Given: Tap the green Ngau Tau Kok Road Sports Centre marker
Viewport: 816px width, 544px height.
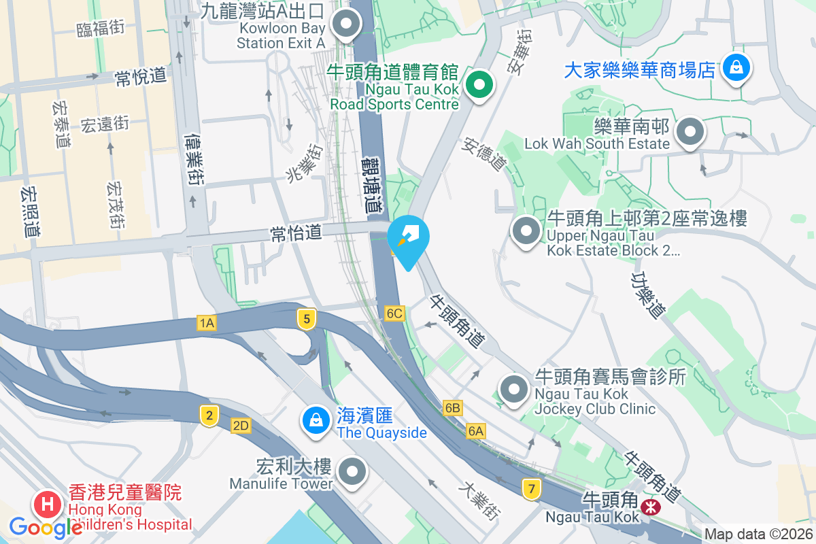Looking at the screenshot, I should (x=480, y=86).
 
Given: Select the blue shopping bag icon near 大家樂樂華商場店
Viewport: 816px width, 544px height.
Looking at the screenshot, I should (x=736, y=67).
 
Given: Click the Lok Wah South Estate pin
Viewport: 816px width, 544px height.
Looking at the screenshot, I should (x=690, y=131).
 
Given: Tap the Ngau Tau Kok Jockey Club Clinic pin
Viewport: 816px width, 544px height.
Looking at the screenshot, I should (x=514, y=390).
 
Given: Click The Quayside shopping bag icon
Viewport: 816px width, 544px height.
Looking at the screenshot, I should (x=316, y=418).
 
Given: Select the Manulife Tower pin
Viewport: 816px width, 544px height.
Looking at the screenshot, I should (x=352, y=471).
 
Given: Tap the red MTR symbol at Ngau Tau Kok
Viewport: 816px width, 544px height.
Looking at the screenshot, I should (x=651, y=507).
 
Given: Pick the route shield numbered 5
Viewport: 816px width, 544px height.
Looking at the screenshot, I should (x=307, y=318).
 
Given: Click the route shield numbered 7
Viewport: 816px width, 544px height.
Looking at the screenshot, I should (x=531, y=488).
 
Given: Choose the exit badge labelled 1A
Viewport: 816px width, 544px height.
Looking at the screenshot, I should (x=207, y=324).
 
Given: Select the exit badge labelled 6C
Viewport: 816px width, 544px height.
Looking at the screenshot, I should (x=394, y=313).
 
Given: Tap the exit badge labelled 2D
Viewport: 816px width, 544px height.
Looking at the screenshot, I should (x=241, y=426).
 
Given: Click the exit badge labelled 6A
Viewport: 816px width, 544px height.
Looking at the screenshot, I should (x=476, y=431).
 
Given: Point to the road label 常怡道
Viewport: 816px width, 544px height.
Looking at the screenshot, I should (x=296, y=233).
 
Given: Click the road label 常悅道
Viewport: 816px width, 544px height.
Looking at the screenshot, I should (x=141, y=77).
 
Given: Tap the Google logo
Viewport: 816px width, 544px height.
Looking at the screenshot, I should (x=46, y=527).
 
